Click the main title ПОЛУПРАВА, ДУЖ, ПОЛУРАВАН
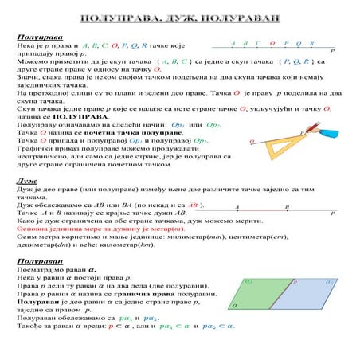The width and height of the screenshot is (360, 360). [x=179, y=18]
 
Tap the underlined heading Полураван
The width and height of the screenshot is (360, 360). [x=35, y=261]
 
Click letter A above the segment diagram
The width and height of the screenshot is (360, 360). [x=237, y=207]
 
